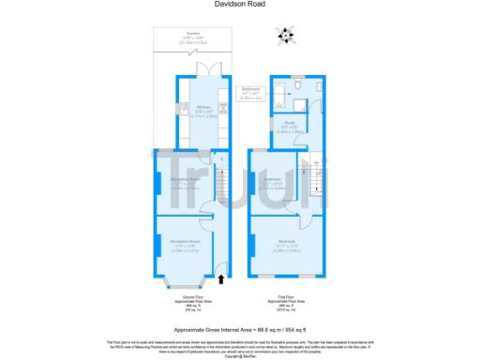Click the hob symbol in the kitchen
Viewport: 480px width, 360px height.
coord(223,107)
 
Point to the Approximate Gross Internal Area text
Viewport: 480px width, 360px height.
coord(239,329)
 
